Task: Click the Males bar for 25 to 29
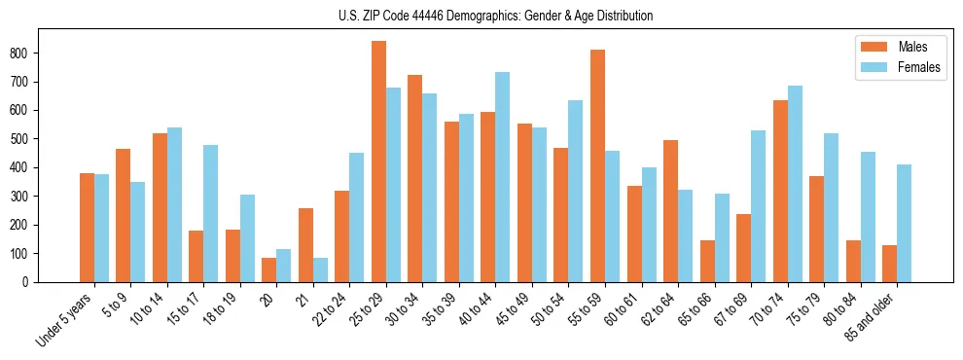point(378,162)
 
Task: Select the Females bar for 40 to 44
point(502,177)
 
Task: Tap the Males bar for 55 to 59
point(597,165)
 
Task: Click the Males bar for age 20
point(269,270)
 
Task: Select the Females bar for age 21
point(320,270)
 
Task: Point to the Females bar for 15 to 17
point(210,214)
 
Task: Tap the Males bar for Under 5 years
point(87,228)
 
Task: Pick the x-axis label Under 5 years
point(65,321)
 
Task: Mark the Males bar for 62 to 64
point(670,211)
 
